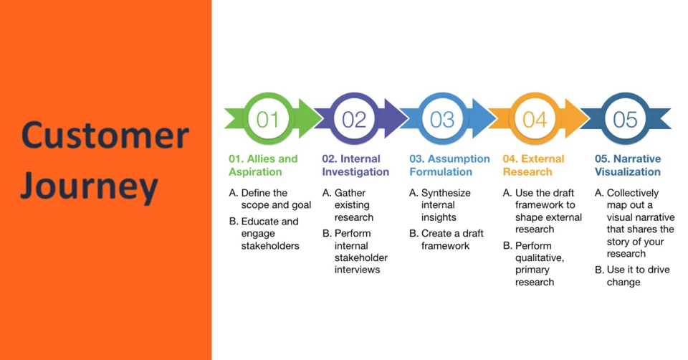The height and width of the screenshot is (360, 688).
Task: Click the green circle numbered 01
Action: [x=267, y=118]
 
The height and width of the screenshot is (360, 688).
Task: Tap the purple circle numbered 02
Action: [x=353, y=118]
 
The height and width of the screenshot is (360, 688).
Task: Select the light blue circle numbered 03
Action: [x=442, y=118]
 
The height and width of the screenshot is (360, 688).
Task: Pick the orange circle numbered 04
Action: [x=535, y=118]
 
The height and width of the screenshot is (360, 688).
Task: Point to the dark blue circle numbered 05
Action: [x=625, y=118]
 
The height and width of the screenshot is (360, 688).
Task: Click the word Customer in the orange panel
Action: [x=105, y=135]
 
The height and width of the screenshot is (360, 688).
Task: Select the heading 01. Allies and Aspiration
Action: [x=263, y=165]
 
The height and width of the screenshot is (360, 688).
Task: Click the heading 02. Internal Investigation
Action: [x=355, y=165]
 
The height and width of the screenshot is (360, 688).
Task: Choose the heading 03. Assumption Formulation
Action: [x=450, y=165]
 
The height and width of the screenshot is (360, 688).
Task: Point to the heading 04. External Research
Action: [x=533, y=165]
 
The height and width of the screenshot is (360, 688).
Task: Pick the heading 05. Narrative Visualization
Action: [x=628, y=165]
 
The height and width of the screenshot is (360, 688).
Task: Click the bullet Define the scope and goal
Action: [x=270, y=199]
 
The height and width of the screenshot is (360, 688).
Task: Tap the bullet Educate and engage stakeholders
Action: [x=264, y=234]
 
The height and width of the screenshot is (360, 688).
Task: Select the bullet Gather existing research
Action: [x=348, y=205]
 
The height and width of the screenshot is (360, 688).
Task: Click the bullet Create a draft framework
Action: [x=446, y=240]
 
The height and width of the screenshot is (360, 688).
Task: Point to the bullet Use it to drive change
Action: [x=632, y=275]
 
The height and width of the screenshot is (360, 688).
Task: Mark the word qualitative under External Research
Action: [x=540, y=258]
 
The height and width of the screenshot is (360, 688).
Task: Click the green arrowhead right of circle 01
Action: [x=310, y=118]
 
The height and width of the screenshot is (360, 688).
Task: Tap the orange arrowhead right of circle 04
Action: [x=576, y=118]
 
